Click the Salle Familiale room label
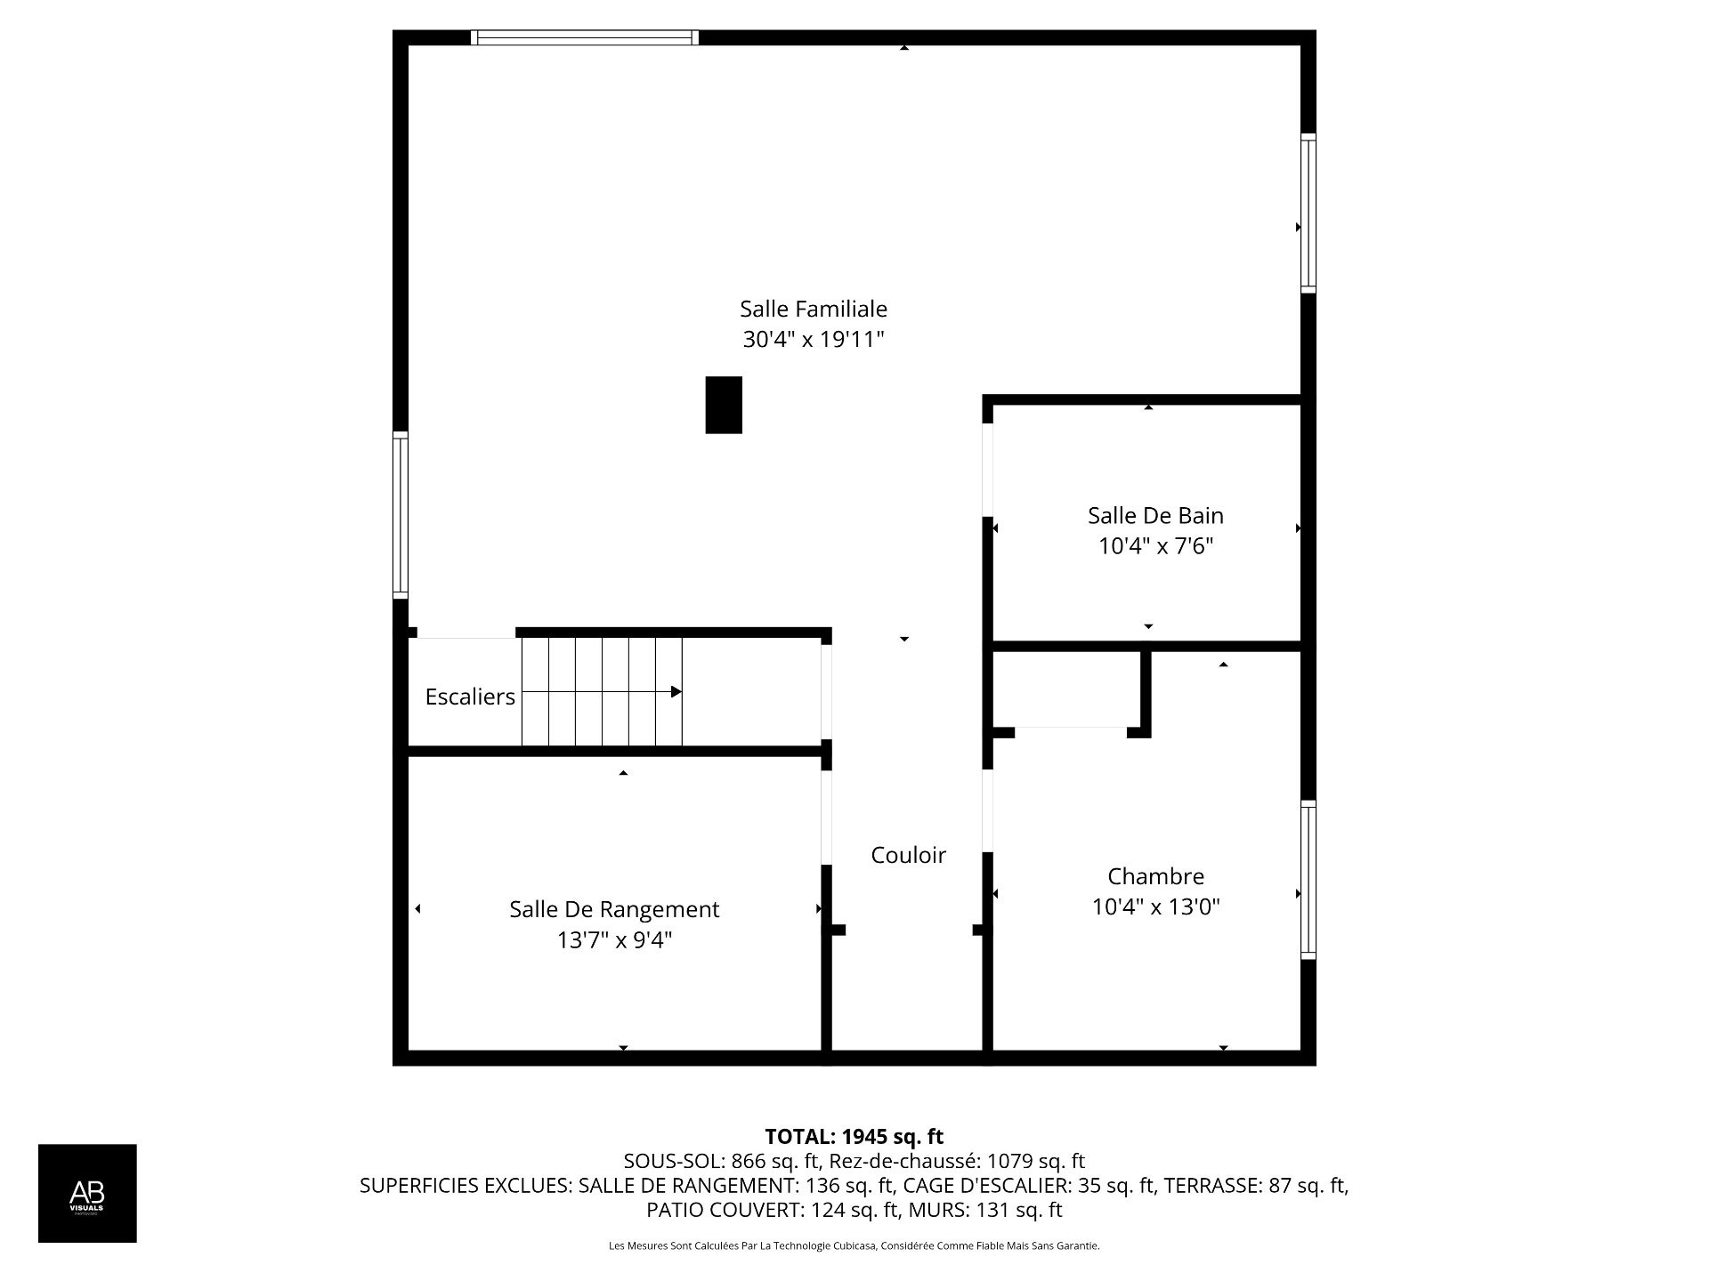813,309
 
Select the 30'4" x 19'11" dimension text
813,340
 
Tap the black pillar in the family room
724,405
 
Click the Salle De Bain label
1154,516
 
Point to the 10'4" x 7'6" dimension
1154,546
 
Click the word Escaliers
470,697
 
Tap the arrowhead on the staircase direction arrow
676,692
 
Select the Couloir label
908,855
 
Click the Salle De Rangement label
613,909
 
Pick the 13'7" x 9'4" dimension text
613,940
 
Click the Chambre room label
1155,876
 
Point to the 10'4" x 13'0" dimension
1155,907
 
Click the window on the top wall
584,37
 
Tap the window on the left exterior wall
401,515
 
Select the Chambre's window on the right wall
1308,880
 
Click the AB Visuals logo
87,1193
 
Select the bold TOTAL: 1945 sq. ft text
854,1137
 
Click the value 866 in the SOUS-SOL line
746,1161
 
